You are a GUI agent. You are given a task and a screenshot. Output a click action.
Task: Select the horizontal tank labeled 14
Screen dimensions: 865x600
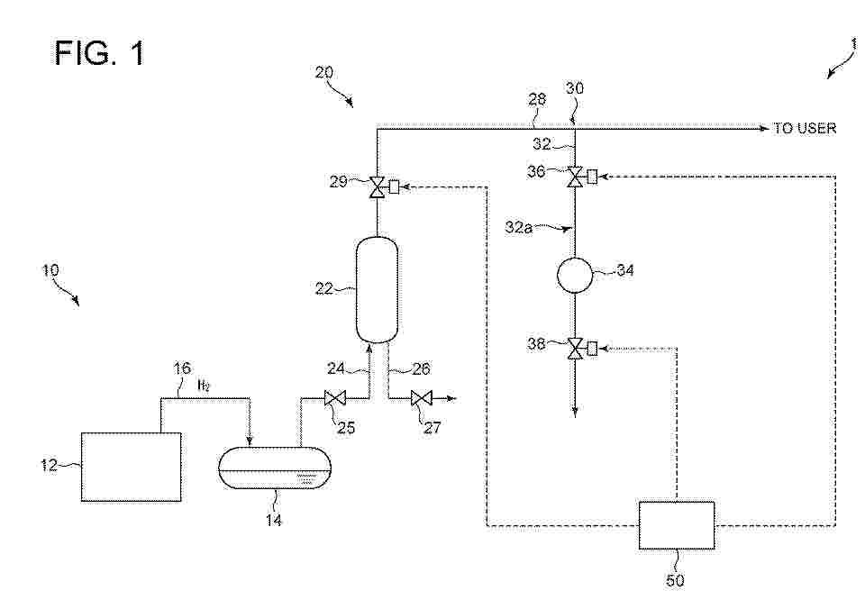pyautogui.click(x=275, y=468)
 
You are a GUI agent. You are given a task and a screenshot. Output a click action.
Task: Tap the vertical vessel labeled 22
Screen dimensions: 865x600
pyautogui.click(x=377, y=289)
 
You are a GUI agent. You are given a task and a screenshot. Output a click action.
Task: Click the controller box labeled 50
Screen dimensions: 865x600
pyautogui.click(x=677, y=525)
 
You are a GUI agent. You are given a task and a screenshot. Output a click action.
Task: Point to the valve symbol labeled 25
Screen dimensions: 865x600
pyautogui.click(x=333, y=397)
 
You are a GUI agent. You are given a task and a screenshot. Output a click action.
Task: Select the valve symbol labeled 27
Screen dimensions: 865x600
pyautogui.click(x=422, y=397)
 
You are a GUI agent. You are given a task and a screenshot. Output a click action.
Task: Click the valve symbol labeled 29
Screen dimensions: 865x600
pyautogui.click(x=377, y=187)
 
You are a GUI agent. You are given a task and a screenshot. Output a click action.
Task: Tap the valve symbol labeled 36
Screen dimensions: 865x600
pyautogui.click(x=576, y=177)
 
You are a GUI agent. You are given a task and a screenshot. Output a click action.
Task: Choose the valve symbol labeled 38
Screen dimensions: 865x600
pyautogui.click(x=576, y=349)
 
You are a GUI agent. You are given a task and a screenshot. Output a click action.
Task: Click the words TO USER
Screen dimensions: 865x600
pyautogui.click(x=805, y=129)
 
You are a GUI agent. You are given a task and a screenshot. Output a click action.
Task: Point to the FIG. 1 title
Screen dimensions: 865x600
pyautogui.click(x=100, y=53)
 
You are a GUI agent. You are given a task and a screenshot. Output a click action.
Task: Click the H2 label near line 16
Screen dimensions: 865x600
pyautogui.click(x=204, y=385)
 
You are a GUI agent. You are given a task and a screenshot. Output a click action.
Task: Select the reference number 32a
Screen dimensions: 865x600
pyautogui.click(x=519, y=227)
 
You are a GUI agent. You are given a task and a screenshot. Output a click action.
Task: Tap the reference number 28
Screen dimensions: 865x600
pyautogui.click(x=537, y=99)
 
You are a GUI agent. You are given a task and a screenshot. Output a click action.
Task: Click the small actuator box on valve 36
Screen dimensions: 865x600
pyautogui.click(x=592, y=177)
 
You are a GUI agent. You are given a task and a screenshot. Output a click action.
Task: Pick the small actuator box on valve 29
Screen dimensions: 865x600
pyautogui.click(x=394, y=187)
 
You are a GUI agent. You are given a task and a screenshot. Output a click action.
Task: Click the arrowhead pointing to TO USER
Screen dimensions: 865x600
pyautogui.click(x=765, y=129)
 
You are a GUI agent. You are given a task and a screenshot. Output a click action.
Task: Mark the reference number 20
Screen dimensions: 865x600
pyautogui.click(x=324, y=72)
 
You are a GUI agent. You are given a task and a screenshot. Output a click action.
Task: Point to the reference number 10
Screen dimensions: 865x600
pyautogui.click(x=50, y=270)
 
